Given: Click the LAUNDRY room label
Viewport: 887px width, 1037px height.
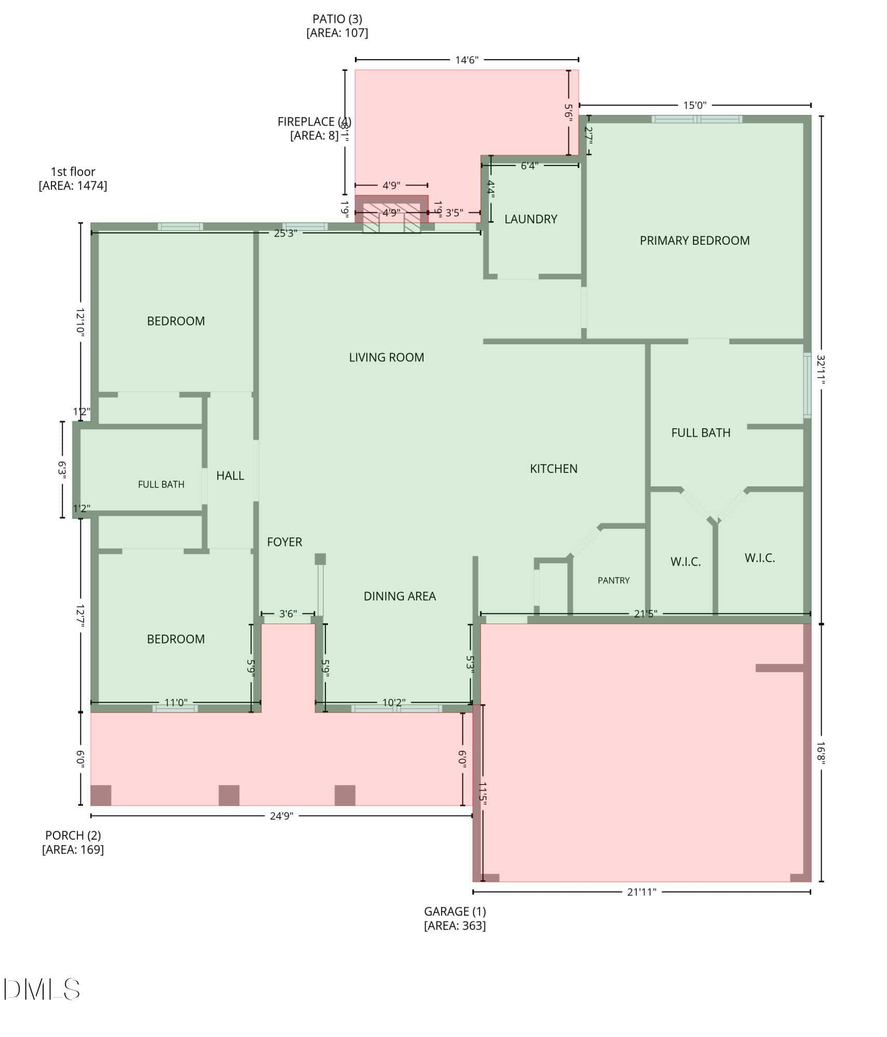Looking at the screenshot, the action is (530, 219).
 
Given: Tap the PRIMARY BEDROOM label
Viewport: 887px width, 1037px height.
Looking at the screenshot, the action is (694, 241).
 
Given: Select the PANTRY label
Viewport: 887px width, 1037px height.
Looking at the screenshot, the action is (613, 580).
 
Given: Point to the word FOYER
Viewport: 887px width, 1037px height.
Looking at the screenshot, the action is (284, 542).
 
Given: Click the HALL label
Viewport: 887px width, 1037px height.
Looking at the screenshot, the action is (230, 475).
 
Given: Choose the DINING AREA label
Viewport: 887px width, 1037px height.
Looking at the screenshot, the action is (400, 596).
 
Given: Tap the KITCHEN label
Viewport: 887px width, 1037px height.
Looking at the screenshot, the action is (553, 469).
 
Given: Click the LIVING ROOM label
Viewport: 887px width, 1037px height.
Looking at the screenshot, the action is (386, 357).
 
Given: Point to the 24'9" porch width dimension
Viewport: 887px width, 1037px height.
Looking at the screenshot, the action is (281, 816).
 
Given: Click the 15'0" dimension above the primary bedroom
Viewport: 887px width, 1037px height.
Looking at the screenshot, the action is (694, 105).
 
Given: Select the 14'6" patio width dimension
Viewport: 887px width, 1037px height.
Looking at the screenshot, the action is (467, 60).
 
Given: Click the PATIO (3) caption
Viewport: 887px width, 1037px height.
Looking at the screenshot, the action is (337, 26).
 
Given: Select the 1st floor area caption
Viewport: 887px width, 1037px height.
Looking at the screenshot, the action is (73, 178).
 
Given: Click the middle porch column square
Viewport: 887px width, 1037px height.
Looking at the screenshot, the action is (229, 795).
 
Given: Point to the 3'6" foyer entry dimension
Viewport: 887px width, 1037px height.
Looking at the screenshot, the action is (288, 614).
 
